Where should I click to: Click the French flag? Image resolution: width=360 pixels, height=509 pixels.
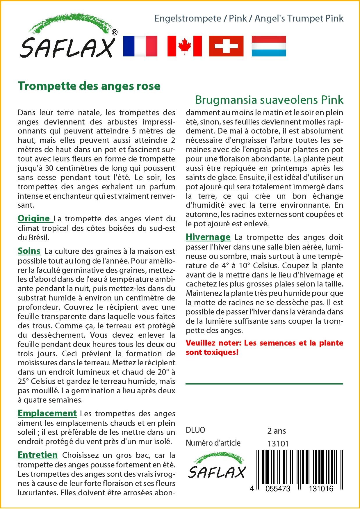(140, 46)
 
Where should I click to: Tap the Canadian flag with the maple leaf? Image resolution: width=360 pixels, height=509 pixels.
(185, 46)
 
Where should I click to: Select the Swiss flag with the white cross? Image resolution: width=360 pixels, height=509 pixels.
(226, 46)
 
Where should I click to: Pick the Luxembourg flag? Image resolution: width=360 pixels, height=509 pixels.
(269, 46)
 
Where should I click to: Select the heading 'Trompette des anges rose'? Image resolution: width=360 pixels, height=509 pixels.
(89, 86)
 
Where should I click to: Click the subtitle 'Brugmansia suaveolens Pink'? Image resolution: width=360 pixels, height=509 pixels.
(269, 100)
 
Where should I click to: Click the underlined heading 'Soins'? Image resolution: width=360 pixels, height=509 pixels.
(29, 251)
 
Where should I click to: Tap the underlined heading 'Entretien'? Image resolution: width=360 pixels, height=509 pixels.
(38, 455)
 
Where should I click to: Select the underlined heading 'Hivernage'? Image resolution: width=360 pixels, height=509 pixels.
(208, 237)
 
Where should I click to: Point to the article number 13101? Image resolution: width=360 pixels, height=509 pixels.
(278, 444)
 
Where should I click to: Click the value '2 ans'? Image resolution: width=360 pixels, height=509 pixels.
(277, 430)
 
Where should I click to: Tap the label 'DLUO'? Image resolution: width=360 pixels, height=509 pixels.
(195, 430)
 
